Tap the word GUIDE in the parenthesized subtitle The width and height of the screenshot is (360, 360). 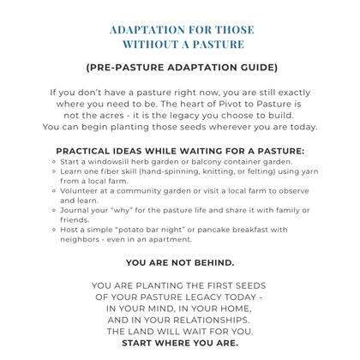tap(255, 67)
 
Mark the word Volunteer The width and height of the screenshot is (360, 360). tap(85, 193)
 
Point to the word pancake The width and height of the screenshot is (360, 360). tap(211, 230)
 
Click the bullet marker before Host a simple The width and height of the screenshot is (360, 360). tap(55, 230)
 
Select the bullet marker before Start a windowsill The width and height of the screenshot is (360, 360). tap(55, 162)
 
